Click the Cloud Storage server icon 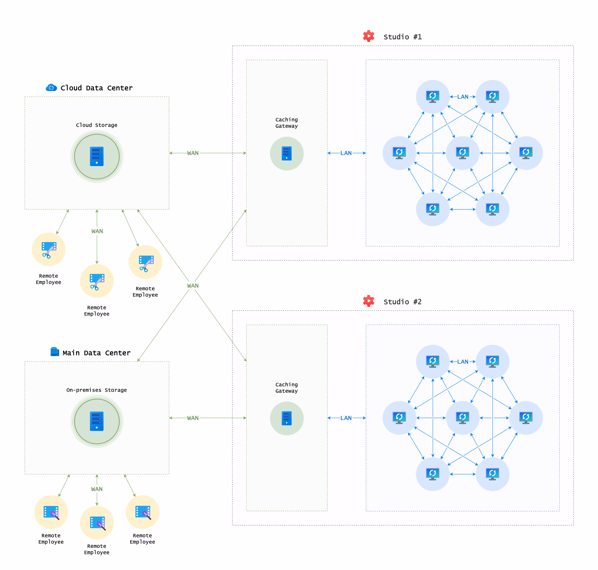[x=97, y=156]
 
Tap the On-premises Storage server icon [x=97, y=421]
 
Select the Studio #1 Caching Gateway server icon [x=286, y=153]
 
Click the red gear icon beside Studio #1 [x=368, y=36]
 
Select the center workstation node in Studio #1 [x=462, y=153]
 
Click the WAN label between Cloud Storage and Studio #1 [x=193, y=153]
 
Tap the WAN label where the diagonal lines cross [x=193, y=286]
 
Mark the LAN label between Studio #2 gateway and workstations [x=346, y=418]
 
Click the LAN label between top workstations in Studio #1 [x=463, y=97]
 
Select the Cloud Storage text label [x=97, y=125]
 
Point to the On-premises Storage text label [x=97, y=390]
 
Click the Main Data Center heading [x=96, y=353]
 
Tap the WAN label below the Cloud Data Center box [x=97, y=231]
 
